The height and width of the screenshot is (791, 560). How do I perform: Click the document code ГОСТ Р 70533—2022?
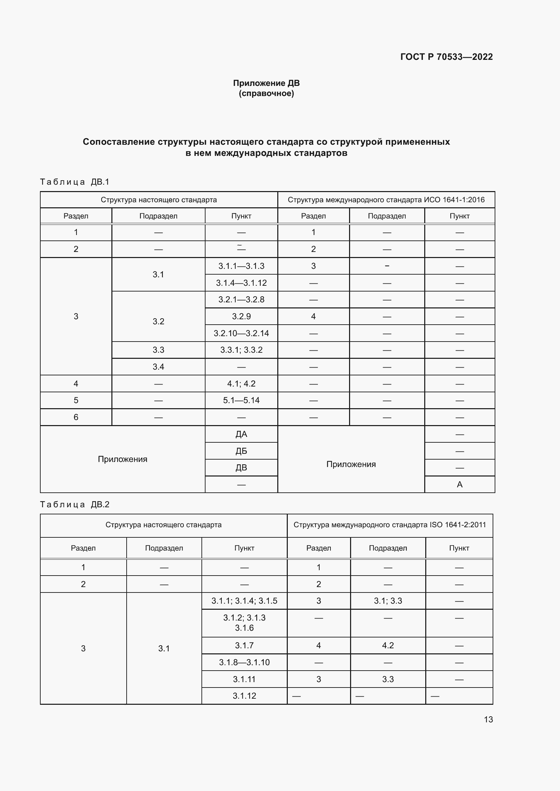pyautogui.click(x=446, y=57)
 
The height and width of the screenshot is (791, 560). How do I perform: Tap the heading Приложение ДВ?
pyautogui.click(x=266, y=83)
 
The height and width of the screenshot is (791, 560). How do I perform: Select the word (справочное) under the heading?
pyautogui.click(x=266, y=93)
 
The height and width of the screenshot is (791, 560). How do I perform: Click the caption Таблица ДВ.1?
pyautogui.click(x=74, y=182)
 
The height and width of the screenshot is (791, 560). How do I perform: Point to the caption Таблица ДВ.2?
pyautogui.click(x=74, y=504)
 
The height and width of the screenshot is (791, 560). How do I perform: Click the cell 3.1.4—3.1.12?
pyautogui.click(x=241, y=283)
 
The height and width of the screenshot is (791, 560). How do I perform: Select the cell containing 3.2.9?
pyautogui.click(x=241, y=316)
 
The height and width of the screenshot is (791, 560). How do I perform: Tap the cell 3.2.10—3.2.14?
pyautogui.click(x=241, y=333)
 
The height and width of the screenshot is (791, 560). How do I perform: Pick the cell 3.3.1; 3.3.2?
pyautogui.click(x=241, y=350)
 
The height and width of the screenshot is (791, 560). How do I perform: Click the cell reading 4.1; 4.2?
pyautogui.click(x=241, y=383)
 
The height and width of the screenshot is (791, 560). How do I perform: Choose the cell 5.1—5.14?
pyautogui.click(x=241, y=400)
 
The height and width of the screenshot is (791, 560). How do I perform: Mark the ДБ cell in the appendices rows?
pyautogui.click(x=241, y=451)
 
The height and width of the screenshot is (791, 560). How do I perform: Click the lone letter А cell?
pyautogui.click(x=459, y=484)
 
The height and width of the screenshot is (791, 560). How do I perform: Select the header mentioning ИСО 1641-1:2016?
pyautogui.click(x=386, y=200)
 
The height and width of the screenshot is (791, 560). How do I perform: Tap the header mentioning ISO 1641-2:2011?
pyautogui.click(x=389, y=525)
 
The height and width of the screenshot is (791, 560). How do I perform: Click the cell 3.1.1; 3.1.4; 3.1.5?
pyautogui.click(x=244, y=601)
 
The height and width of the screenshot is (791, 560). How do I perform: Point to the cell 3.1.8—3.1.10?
pyautogui.click(x=244, y=662)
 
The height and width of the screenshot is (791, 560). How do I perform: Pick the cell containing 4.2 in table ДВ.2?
pyautogui.click(x=388, y=645)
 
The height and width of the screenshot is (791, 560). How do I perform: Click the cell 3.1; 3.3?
pyautogui.click(x=388, y=601)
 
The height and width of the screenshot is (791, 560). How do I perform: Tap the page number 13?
pyautogui.click(x=488, y=719)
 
